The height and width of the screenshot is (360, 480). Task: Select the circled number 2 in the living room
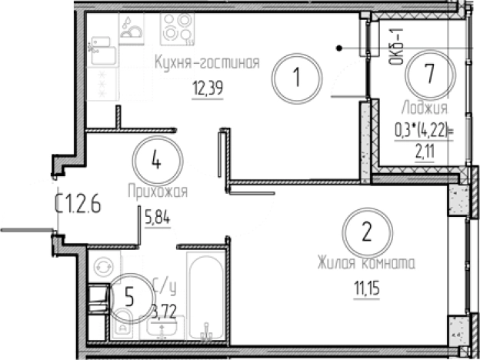[367, 230]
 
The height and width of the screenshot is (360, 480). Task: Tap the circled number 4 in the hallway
[156, 162]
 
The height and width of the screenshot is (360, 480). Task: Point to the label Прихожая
[158, 190]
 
